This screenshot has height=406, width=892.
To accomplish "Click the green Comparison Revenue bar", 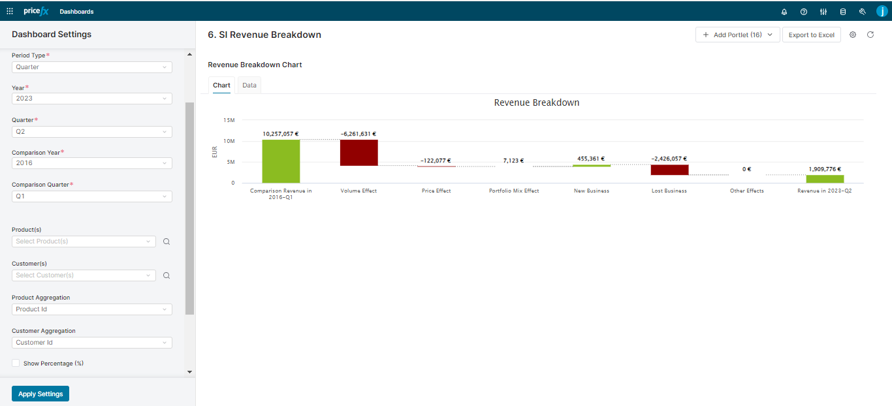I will pyautogui.click(x=281, y=161).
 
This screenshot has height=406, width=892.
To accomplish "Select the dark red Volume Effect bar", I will pyautogui.click(x=358, y=153).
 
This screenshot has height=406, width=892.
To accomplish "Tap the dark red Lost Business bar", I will pyautogui.click(x=669, y=170).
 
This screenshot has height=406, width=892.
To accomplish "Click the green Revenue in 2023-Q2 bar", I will pyautogui.click(x=825, y=179).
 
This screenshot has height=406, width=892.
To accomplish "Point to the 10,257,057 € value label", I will pyautogui.click(x=281, y=134).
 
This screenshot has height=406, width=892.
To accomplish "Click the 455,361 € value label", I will pyautogui.click(x=591, y=159).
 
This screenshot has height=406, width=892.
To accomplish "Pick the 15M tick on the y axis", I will pyautogui.click(x=229, y=120).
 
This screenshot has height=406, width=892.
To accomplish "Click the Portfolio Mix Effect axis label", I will pyautogui.click(x=514, y=191).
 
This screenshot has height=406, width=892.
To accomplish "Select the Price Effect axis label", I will pyautogui.click(x=436, y=191).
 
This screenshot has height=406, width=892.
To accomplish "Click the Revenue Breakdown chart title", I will pyautogui.click(x=536, y=102).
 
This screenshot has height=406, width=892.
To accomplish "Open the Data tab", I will pyautogui.click(x=249, y=86).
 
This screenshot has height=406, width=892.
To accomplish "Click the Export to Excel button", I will pyautogui.click(x=811, y=35).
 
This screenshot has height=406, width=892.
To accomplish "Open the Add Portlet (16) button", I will pyautogui.click(x=737, y=35).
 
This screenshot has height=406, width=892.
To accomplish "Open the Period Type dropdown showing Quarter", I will pyautogui.click(x=92, y=67).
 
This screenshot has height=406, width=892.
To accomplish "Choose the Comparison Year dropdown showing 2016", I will pyautogui.click(x=92, y=163).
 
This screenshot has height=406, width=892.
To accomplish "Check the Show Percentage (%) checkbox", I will pyautogui.click(x=16, y=363).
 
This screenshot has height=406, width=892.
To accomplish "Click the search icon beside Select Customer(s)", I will pyautogui.click(x=167, y=275).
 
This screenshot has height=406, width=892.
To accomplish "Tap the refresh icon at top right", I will pyautogui.click(x=870, y=35).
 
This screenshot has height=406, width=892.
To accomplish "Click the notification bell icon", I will pyautogui.click(x=784, y=12).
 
